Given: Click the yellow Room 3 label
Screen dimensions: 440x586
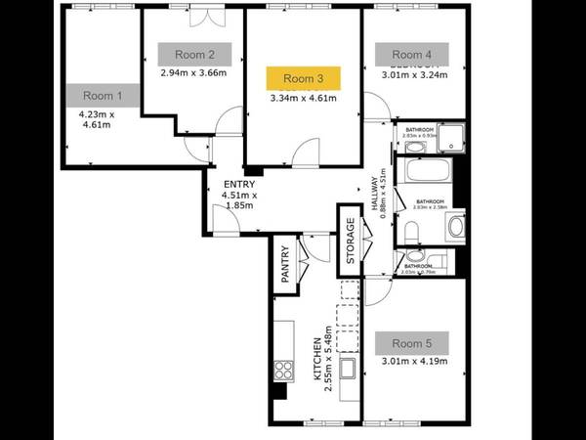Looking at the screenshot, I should (303, 77).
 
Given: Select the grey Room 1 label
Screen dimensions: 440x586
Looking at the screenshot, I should (104, 96).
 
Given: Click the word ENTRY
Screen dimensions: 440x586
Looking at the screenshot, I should (239, 184).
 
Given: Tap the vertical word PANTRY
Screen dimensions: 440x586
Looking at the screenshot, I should (285, 264).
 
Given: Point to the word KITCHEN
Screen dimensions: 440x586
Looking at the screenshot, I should (316, 360).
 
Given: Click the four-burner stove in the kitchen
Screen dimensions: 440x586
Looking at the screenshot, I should (284, 370).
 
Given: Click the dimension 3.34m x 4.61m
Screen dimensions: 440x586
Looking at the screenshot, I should (303, 97).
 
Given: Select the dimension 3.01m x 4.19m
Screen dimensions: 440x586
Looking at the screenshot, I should (414, 362).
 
